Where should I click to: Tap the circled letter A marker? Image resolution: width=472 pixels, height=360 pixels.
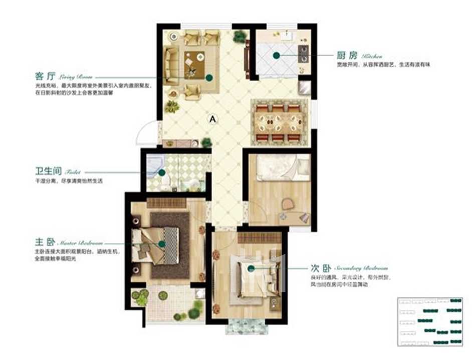(x=212, y=119)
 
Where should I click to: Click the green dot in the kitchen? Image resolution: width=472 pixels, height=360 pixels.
(x=276, y=56)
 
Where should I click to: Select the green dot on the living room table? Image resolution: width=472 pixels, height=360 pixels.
(x=209, y=78)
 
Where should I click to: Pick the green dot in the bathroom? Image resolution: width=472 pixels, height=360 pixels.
(x=162, y=172)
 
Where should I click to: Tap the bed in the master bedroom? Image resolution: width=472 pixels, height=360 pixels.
(x=158, y=246)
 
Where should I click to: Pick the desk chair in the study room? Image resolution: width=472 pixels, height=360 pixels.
(x=288, y=204)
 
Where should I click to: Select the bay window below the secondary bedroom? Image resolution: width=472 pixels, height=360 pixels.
(x=247, y=326)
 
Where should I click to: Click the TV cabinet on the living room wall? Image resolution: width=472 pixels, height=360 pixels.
(x=247, y=60)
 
